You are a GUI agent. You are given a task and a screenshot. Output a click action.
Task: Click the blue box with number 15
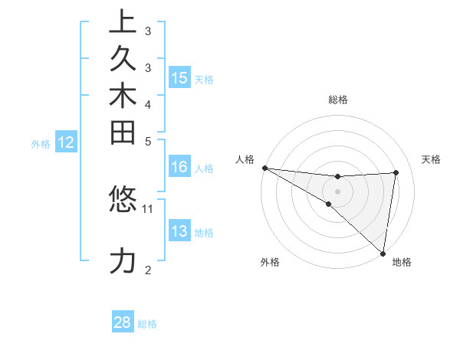coord(179,77)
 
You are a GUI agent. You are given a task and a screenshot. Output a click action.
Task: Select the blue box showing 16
coord(179,168)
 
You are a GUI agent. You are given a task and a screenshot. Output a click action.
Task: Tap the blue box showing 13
coord(179,231)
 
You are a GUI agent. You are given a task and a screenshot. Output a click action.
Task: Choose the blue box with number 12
coord(67,142)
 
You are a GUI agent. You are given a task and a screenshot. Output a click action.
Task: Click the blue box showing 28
coord(123,322)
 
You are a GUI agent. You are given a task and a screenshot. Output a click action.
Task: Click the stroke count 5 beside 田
coord(148,141)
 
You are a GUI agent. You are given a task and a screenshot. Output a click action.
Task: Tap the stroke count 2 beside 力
coord(148,270)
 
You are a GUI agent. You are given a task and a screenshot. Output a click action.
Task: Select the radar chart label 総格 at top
coord(338,100)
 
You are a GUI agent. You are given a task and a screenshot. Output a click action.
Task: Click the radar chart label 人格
coord(245,159)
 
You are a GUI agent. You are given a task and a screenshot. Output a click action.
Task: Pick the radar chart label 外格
coord(269,262)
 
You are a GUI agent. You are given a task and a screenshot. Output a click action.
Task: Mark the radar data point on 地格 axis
coord(383,253)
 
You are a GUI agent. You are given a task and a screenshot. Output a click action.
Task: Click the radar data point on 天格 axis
coord(396,172)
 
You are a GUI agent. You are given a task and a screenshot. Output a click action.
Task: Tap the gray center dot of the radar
coord(337,191)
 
